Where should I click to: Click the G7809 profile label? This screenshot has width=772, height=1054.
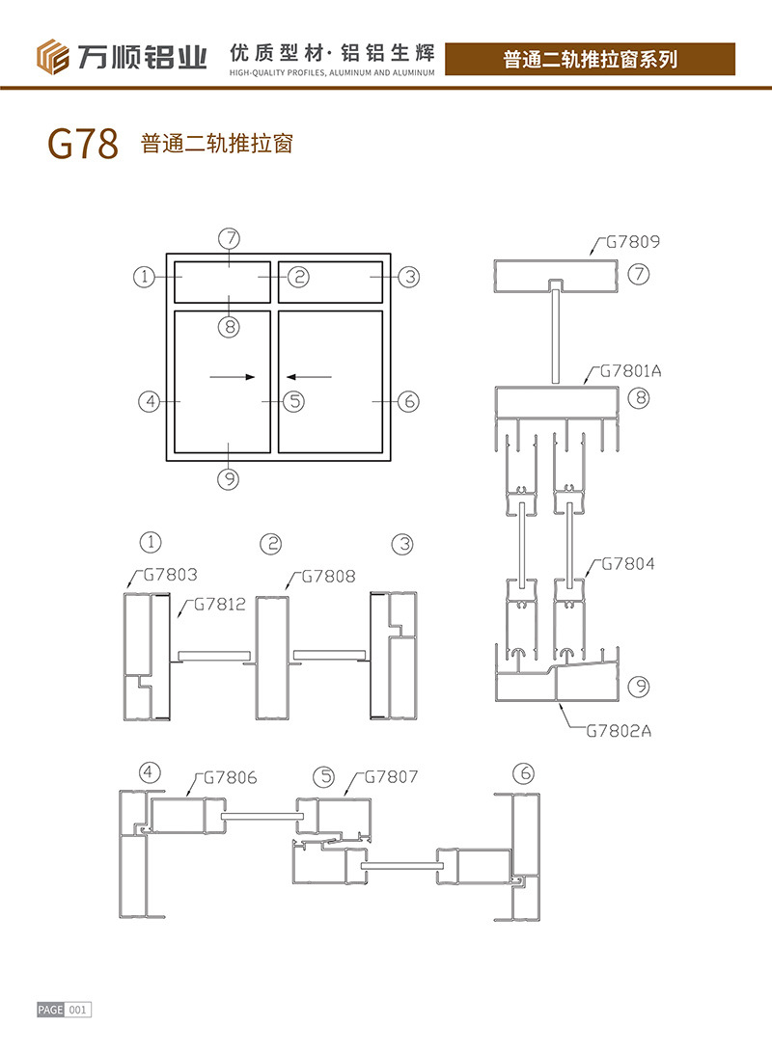tap(633, 242)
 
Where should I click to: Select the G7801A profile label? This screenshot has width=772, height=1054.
tap(631, 370)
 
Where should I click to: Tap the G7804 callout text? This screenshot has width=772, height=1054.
tap(628, 564)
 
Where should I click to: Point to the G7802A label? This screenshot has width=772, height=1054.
tap(619, 730)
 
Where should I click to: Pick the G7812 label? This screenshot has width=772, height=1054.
tap(219, 605)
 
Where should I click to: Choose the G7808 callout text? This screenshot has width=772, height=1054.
tap(328, 577)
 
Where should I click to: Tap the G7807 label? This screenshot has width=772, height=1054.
tap(391, 776)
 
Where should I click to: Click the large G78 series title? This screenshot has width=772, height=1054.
tap(82, 145)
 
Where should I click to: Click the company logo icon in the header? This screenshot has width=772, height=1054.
tap(54, 57)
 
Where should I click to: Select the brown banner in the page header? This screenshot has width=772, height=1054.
tap(591, 59)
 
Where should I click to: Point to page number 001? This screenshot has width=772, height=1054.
tap(78, 1010)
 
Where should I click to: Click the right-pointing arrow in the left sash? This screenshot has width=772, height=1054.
tap(233, 376)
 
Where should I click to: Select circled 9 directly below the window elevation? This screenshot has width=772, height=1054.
tap(228, 477)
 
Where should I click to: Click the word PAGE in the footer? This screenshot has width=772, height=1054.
tap(50, 1010)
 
